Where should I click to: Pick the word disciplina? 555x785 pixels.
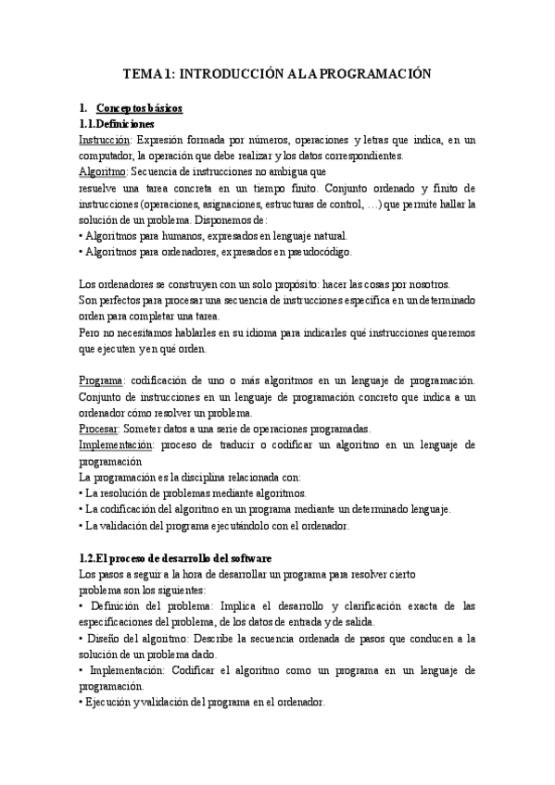196,477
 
